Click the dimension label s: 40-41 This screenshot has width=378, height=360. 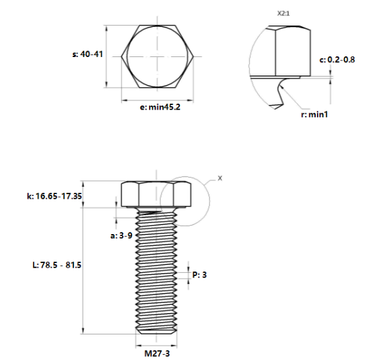(86, 55)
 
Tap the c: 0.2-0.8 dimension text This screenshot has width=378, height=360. (337, 60)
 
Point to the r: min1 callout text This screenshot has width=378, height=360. (314, 114)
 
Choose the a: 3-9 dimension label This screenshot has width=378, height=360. (122, 234)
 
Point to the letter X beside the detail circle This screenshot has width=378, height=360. (220, 178)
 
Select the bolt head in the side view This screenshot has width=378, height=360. (156, 194)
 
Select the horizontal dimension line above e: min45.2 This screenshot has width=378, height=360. (157, 100)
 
